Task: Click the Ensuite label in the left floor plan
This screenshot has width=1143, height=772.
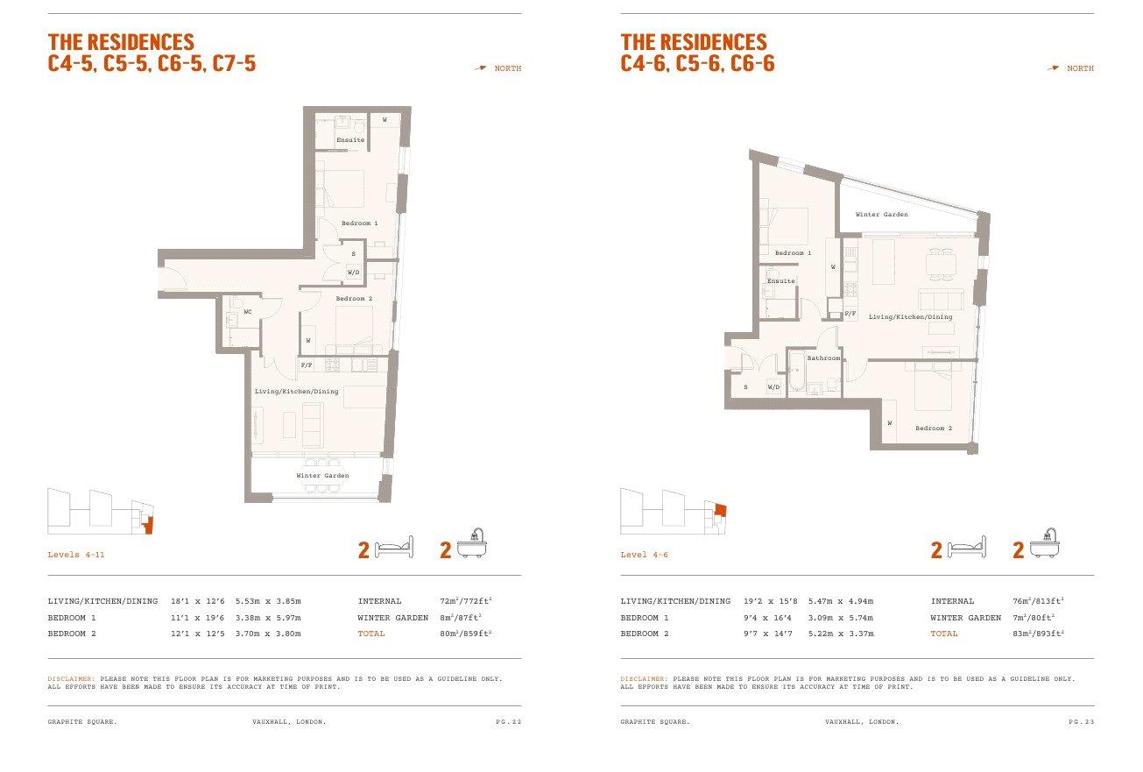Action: pyautogui.click(x=350, y=140)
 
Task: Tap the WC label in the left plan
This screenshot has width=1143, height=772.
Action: pyautogui.click(x=248, y=312)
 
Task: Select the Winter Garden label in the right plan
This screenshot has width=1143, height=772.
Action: pyautogui.click(x=882, y=215)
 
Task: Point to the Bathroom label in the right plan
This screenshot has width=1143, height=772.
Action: pyautogui.click(x=823, y=358)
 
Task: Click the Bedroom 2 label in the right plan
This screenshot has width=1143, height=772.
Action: pyautogui.click(x=934, y=428)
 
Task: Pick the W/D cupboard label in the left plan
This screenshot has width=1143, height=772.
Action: pyautogui.click(x=354, y=273)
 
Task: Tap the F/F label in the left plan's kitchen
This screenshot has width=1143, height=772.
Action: pyautogui.click(x=307, y=365)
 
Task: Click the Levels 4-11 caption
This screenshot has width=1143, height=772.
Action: pyautogui.click(x=76, y=555)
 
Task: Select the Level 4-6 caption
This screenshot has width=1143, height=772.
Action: pyautogui.click(x=644, y=555)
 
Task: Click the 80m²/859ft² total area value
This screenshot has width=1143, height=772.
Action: pyautogui.click(x=465, y=634)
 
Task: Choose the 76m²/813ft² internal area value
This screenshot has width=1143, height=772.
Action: pyautogui.click(x=1039, y=601)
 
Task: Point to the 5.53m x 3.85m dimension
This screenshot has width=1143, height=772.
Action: pyautogui.click(x=268, y=601)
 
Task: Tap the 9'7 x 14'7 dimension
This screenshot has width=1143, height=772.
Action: pyautogui.click(x=768, y=634)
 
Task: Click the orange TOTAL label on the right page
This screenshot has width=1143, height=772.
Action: pyautogui.click(x=944, y=634)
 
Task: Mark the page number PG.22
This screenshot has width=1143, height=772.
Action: pyautogui.click(x=509, y=722)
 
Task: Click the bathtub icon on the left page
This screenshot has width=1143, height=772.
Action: pyautogui.click(x=472, y=543)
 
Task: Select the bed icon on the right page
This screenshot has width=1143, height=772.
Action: pyautogui.click(x=967, y=547)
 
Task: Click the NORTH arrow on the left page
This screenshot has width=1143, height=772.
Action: pyautogui.click(x=480, y=67)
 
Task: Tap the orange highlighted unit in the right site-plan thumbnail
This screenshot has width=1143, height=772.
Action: pyautogui.click(x=721, y=510)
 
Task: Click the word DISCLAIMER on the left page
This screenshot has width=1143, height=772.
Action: pyautogui.click(x=72, y=679)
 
